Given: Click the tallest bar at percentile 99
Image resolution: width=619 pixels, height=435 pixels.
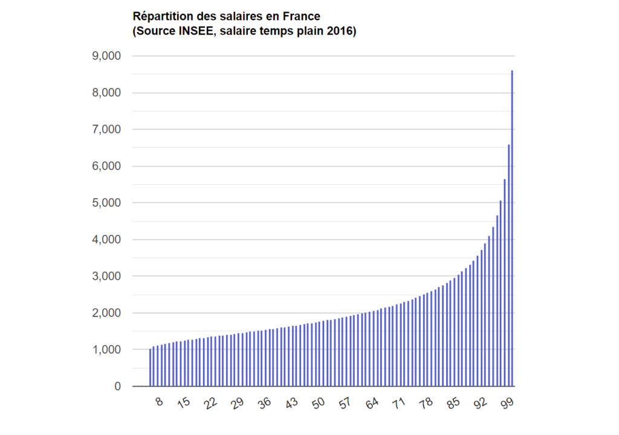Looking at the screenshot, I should pyautogui.click(x=513, y=230).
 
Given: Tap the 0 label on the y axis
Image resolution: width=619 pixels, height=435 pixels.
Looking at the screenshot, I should pyautogui.click(x=117, y=387).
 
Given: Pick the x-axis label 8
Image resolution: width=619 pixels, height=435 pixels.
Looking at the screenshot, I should pyautogui.click(x=159, y=402).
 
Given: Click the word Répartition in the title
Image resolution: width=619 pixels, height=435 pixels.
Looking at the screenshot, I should pyautogui.click(x=158, y=16).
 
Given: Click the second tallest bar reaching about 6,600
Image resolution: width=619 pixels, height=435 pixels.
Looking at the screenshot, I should pyautogui.click(x=509, y=266).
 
